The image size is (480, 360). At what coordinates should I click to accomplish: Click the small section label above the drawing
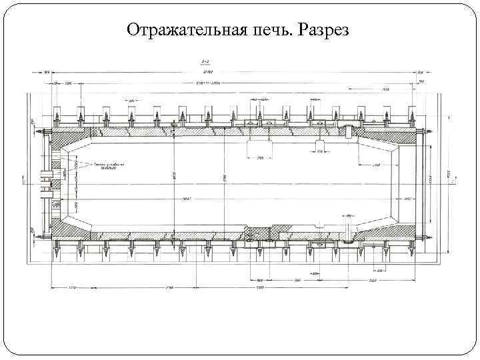(206, 60)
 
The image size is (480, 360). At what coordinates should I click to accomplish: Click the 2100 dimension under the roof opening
(259, 158)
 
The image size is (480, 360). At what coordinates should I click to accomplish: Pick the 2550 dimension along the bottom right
(373, 281)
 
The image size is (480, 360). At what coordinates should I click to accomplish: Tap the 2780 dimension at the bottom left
(170, 288)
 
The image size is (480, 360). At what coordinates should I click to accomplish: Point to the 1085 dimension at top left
(68, 83)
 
